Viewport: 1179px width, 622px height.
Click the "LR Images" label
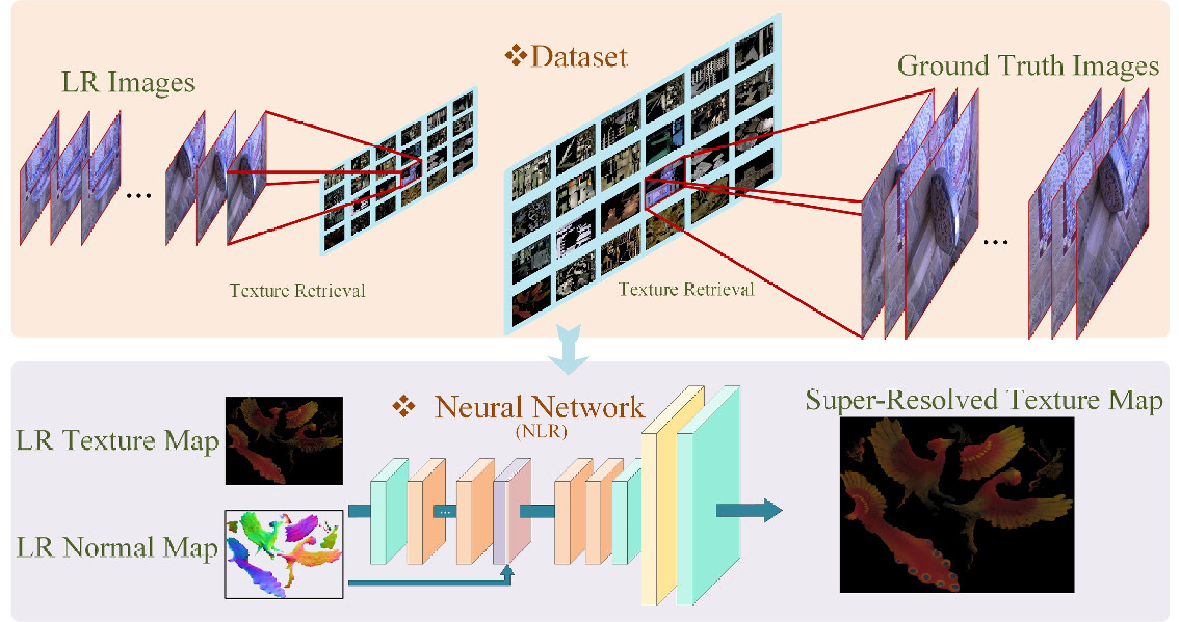point(128,83)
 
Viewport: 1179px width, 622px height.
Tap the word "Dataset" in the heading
point(579,57)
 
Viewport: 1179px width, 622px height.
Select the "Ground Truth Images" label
point(1028,66)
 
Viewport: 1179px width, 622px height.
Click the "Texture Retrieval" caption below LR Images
point(298,291)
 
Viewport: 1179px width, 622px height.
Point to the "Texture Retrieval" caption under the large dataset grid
point(686,290)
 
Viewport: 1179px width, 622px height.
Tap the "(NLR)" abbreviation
point(541,431)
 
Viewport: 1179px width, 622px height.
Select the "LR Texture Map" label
point(117,441)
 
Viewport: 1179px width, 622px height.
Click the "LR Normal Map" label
point(117,547)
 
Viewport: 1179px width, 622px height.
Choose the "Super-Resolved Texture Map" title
point(984,400)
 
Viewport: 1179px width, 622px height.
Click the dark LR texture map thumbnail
point(284,441)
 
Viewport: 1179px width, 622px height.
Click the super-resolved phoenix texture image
point(957,505)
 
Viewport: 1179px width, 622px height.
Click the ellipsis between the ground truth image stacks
point(995,242)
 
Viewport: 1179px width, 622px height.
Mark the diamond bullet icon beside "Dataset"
point(516,55)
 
